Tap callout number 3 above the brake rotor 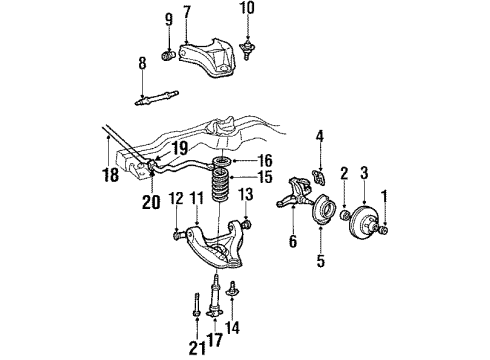pos(363,172)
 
